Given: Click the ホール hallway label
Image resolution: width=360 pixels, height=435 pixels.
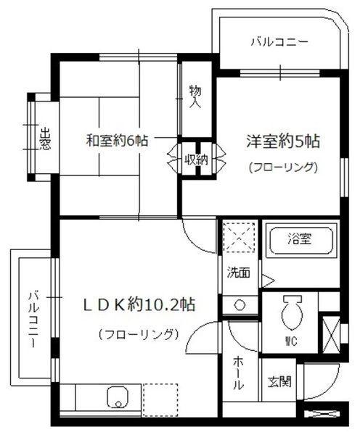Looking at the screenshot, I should click(238, 374).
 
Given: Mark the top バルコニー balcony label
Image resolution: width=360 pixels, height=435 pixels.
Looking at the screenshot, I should click(280, 42).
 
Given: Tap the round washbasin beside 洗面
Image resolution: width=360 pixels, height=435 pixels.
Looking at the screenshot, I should click(239, 304).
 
